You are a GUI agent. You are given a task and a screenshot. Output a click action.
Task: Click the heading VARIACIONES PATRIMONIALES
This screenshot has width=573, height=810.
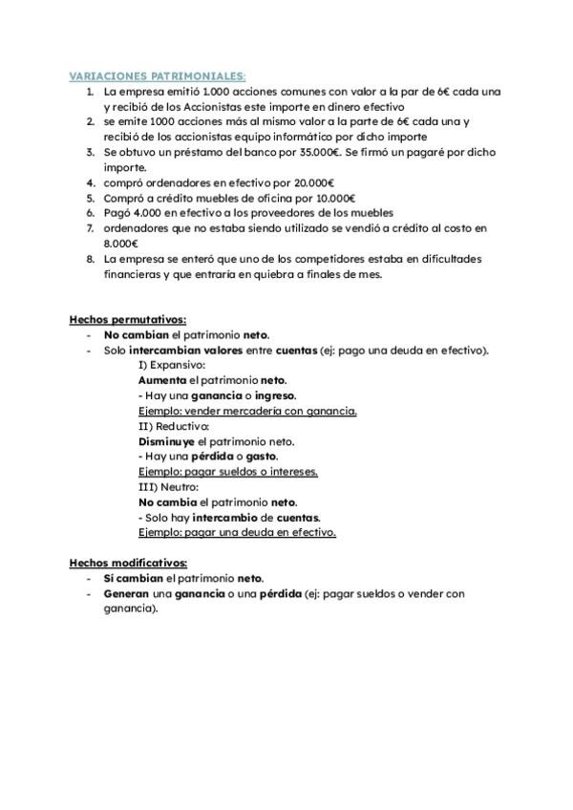159,75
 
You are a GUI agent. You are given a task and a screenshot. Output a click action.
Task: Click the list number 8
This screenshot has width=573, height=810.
90,259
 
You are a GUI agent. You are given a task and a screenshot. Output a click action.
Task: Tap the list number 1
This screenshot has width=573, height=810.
90,92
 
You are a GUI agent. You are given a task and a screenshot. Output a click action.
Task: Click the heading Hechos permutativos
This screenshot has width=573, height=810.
128,320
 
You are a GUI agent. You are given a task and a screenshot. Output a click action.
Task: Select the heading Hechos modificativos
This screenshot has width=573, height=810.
129,564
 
